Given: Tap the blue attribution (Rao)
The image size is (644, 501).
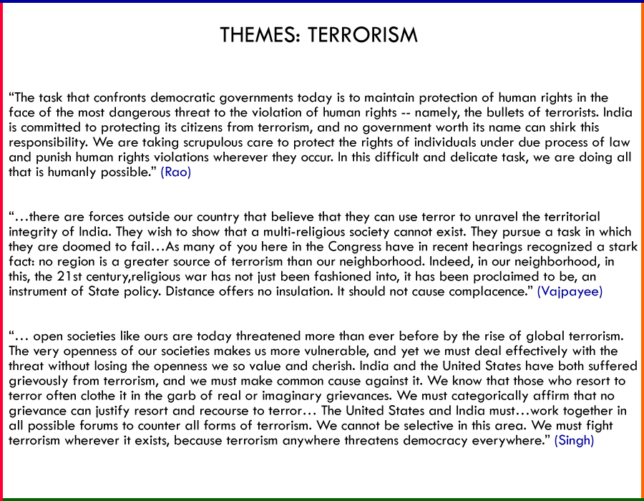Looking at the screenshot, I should [175, 172].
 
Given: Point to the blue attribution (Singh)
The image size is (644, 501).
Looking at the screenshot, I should [574, 440].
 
